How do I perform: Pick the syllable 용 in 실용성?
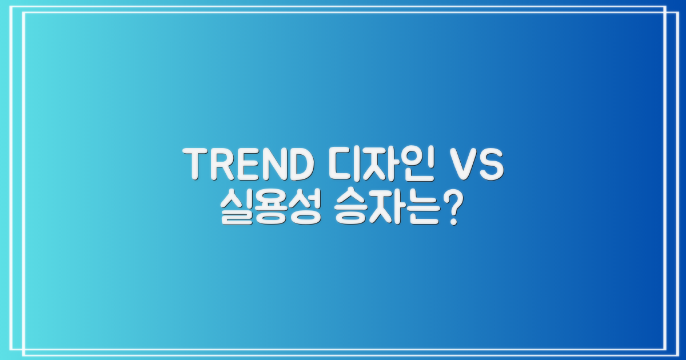[266, 209]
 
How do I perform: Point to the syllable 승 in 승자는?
[350, 209]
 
